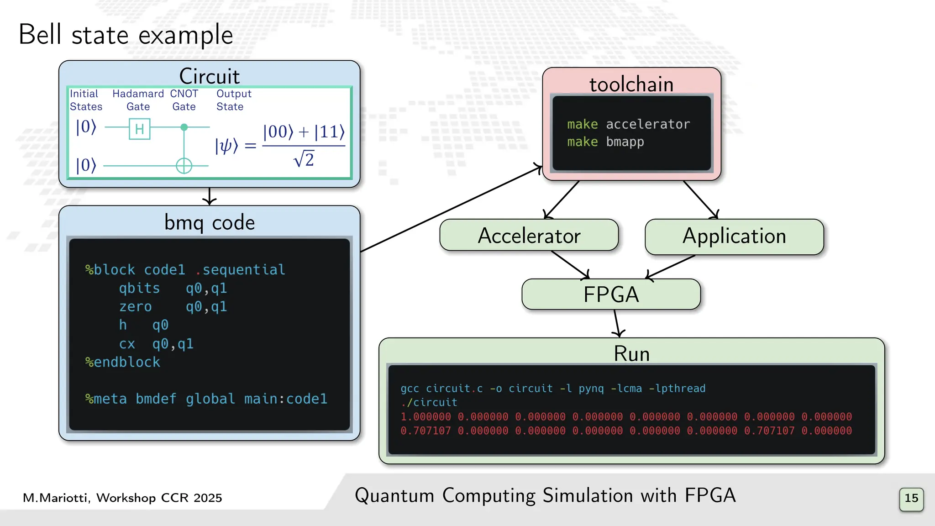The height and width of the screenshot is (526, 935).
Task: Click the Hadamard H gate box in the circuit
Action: [x=140, y=129]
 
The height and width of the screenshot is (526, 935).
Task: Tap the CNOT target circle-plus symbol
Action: [x=184, y=165]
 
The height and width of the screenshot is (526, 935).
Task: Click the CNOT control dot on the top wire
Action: [x=184, y=127]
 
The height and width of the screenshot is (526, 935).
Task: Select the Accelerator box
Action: [x=529, y=236]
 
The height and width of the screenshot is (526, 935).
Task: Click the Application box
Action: [x=734, y=237]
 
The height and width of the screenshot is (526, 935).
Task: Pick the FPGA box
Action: [x=610, y=295]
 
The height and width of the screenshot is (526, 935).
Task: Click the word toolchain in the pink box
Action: [x=631, y=84]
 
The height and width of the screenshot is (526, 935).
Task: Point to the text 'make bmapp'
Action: [x=605, y=142]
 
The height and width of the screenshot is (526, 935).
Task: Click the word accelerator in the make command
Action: [x=647, y=124]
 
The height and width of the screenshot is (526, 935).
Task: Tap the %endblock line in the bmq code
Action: [x=123, y=362]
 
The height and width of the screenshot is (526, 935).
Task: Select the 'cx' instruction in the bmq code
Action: [x=127, y=344]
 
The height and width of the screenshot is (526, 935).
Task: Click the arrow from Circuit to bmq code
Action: [x=210, y=196]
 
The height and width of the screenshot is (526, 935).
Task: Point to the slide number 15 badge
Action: [x=911, y=499]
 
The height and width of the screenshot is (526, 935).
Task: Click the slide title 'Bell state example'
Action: [x=126, y=35]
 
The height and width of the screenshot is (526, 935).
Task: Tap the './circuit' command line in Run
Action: [x=429, y=402]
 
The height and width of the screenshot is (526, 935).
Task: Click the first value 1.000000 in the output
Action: [x=425, y=417]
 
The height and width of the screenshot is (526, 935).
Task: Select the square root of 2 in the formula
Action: [x=304, y=159]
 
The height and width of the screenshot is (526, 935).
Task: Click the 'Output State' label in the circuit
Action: [x=233, y=100]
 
